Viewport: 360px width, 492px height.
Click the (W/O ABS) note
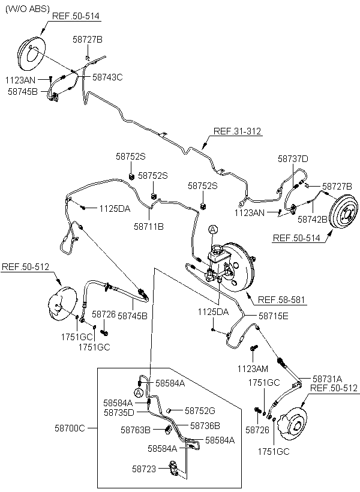28,9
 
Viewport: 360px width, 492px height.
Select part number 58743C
107,77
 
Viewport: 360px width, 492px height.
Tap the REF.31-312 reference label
237,131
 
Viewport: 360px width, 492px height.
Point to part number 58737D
293,159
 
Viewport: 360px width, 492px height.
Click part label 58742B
312,219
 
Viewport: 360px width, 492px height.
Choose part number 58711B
149,226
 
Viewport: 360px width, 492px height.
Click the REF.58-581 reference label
281,299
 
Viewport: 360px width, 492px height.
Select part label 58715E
274,316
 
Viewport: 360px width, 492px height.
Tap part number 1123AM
253,368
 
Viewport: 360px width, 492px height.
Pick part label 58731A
327,379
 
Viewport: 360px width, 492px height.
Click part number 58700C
70,428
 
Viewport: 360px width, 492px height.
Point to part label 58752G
200,410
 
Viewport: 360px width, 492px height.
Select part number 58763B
136,430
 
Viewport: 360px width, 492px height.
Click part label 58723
144,469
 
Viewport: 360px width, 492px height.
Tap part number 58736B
205,425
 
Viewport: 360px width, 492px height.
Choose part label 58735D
119,412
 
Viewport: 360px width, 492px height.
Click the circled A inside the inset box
139,392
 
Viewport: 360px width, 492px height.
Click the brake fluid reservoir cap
217,250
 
